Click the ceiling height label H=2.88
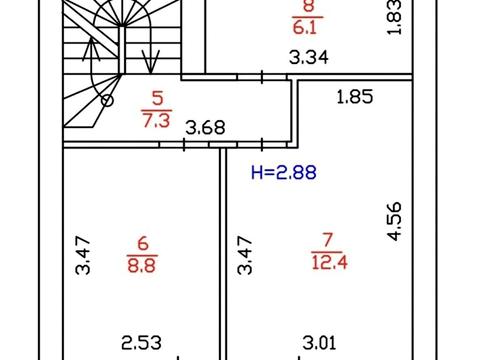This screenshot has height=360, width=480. [284, 173]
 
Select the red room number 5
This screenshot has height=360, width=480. [157, 98]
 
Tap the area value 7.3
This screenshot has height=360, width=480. [156, 120]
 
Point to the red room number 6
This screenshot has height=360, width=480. [143, 243]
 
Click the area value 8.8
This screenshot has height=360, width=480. [142, 266]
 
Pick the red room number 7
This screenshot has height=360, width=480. [327, 240]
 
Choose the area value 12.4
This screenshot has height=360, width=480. [329, 262]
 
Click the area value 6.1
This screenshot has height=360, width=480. [307, 27]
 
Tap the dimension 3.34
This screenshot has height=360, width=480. [309, 57]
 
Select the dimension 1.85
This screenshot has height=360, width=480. [355, 97]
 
